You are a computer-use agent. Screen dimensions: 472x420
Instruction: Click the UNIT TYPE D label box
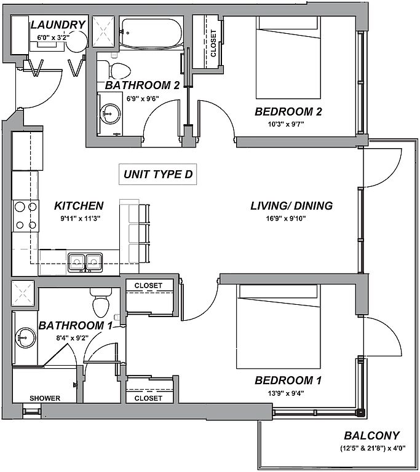158,175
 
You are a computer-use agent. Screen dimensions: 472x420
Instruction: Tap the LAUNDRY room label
57,25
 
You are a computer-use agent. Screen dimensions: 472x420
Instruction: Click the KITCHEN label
79,206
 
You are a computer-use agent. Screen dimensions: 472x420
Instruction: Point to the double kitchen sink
85,262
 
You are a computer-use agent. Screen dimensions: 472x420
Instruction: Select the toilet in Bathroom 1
99,302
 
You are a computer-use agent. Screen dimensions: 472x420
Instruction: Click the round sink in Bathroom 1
25,336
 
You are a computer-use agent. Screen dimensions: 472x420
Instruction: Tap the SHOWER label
45,398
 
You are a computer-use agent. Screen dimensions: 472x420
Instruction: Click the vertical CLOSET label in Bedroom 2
213,43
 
